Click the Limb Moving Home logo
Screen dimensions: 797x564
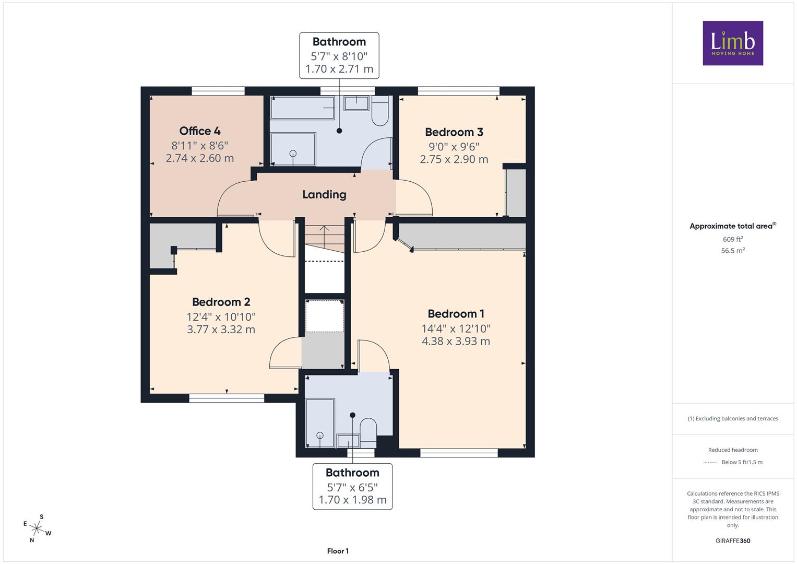click(x=733, y=43)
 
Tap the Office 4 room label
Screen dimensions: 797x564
click(x=200, y=131)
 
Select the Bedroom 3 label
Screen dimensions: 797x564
click(x=454, y=132)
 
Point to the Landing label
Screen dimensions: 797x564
click(x=324, y=194)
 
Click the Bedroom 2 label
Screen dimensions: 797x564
click(x=221, y=302)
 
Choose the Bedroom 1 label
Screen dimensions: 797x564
click(x=456, y=314)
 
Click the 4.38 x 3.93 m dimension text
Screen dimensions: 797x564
click(x=456, y=341)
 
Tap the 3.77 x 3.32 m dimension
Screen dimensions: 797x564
click(x=221, y=330)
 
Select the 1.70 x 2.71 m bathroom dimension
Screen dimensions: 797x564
click(x=339, y=69)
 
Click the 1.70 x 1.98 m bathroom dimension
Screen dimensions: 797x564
click(x=352, y=500)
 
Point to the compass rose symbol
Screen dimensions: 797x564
click(x=37, y=528)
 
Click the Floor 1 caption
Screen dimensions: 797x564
click(x=338, y=551)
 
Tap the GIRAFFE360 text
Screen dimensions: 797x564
click(x=733, y=541)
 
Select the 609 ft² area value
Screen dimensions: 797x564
click(x=733, y=239)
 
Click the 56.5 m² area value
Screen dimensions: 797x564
click(x=733, y=250)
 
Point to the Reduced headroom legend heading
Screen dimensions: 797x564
click(x=733, y=450)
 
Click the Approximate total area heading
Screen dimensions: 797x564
click(x=733, y=226)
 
